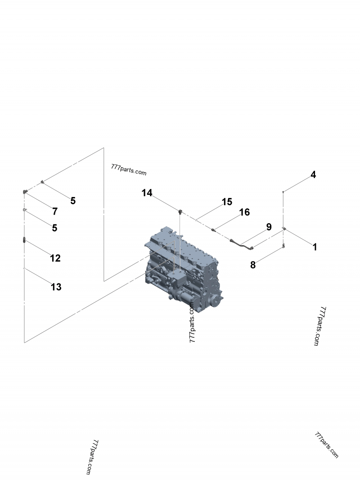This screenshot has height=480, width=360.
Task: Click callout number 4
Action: click(x=313, y=175)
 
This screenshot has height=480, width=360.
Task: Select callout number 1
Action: click(x=315, y=247)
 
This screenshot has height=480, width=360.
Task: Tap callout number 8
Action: click(x=253, y=265)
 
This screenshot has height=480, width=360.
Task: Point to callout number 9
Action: click(x=269, y=227)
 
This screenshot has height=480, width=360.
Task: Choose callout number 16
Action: click(x=244, y=212)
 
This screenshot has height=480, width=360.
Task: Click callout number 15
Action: click(x=227, y=202)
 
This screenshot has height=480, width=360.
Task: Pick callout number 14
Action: click(x=147, y=193)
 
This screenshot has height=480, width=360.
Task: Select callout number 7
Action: click(x=55, y=211)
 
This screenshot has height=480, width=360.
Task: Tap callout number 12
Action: click(x=55, y=258)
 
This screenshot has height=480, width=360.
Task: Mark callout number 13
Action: click(x=56, y=287)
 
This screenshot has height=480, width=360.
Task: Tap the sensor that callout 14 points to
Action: click(x=180, y=211)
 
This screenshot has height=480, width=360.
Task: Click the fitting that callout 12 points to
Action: click(x=24, y=241)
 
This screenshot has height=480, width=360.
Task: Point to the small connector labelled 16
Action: click(x=214, y=229)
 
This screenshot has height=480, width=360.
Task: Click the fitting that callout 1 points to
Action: click(x=284, y=229)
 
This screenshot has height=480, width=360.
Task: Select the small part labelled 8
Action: click(x=283, y=246)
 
